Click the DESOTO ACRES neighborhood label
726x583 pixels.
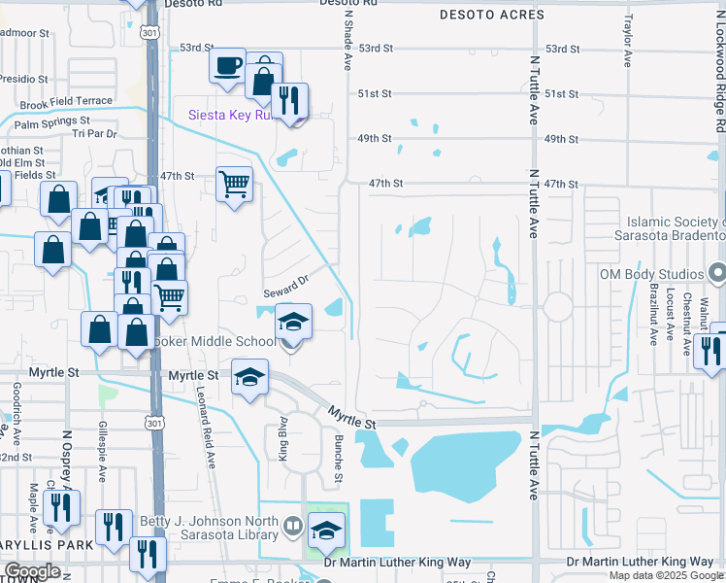coord(491,15)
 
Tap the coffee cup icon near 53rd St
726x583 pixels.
coord(227,66)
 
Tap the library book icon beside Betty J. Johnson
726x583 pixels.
coord(292,528)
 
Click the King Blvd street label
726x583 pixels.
coord(284,438)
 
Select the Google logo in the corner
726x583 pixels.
coord(33,571)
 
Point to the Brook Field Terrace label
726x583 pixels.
coord(66,101)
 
